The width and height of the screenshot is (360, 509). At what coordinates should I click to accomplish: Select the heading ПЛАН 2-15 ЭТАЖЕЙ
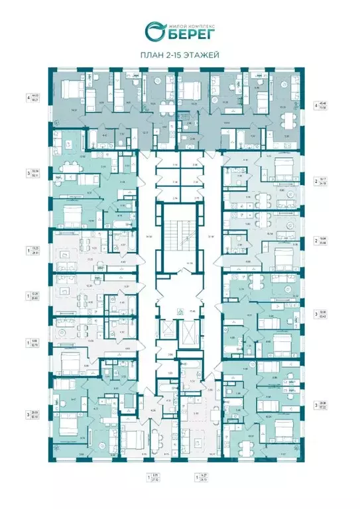(x=180, y=56)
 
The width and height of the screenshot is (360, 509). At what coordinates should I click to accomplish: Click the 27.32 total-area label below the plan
(x=156, y=479)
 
